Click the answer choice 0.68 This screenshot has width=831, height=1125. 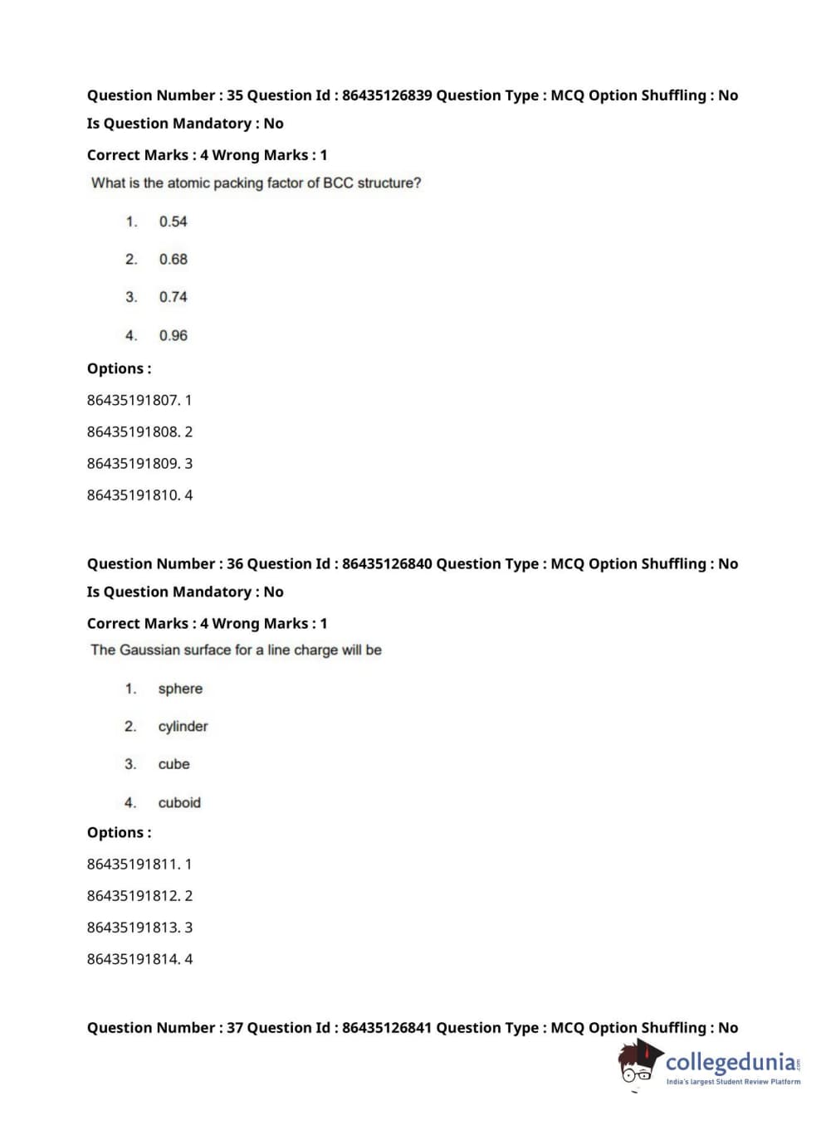click(173, 260)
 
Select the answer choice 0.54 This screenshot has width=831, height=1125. click(173, 222)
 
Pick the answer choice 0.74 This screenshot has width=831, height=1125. click(173, 297)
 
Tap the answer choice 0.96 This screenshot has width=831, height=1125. click(173, 335)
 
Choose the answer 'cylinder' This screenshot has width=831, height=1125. click(183, 727)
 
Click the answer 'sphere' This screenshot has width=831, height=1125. click(180, 689)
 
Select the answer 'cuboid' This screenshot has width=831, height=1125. click(179, 802)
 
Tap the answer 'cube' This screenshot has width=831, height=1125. click(174, 764)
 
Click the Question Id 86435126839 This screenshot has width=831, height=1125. click(386, 95)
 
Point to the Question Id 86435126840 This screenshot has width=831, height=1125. click(386, 564)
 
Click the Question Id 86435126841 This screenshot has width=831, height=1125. click(386, 1028)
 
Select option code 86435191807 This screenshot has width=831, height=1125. click(133, 400)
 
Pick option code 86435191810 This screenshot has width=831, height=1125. click(133, 495)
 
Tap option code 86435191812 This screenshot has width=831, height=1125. click(133, 896)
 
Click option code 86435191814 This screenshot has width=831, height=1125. click(133, 959)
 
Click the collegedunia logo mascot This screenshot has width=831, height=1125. click(639, 1063)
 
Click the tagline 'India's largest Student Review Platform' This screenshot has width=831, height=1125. click(733, 1082)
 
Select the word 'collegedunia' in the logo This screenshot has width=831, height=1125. click(731, 1062)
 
